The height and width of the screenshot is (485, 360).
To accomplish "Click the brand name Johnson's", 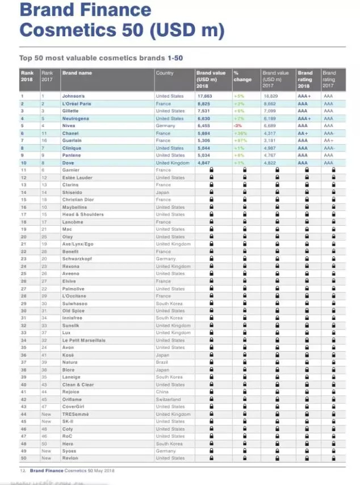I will (x=73, y=96).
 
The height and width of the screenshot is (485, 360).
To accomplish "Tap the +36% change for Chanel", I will (x=241, y=133).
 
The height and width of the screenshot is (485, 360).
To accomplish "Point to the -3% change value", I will (x=238, y=126).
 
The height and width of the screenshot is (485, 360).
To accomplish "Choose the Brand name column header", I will (x=77, y=73).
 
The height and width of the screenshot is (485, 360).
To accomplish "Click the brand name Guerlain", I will (x=72, y=141).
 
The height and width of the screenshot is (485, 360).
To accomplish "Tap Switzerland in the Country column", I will (x=168, y=399).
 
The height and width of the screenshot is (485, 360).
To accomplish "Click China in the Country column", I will (x=162, y=392).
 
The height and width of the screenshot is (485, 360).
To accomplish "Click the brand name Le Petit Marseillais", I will (x=84, y=340).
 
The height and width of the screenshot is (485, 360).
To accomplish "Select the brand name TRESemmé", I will (x=76, y=414).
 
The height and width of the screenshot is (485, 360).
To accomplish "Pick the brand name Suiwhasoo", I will (x=75, y=303).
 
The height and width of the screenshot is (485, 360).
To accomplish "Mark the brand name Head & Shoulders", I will (x=83, y=214).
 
